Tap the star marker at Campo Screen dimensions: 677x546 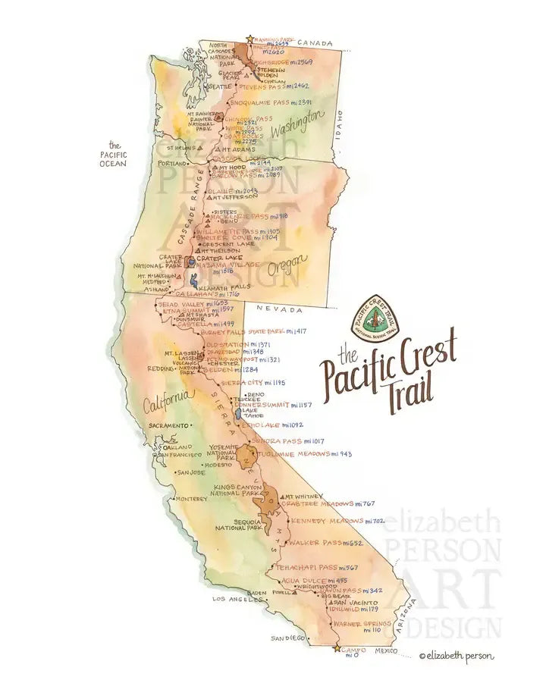(337, 649)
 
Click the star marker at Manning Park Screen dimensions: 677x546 (249, 39)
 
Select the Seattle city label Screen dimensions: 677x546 (219, 86)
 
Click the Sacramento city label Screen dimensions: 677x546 (168, 426)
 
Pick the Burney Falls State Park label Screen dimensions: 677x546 (253, 332)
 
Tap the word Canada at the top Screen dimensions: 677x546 (315, 43)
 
